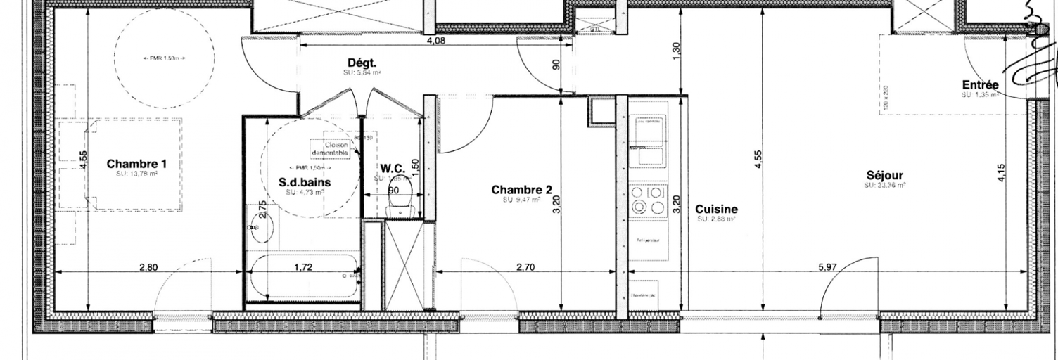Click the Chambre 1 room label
click(x=137, y=164)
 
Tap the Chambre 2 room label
click(x=521, y=190)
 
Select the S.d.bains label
click(x=305, y=182)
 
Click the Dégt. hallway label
click(x=362, y=63)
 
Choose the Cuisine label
click(x=716, y=209)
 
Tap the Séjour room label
click(x=884, y=175)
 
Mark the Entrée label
click(x=980, y=85)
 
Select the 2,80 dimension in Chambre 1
click(x=148, y=267)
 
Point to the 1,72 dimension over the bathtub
click(x=303, y=267)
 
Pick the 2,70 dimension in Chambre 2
click(x=526, y=267)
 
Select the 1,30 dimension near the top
click(x=677, y=51)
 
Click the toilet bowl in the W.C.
click(x=400, y=205)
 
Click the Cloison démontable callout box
click(x=331, y=149)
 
